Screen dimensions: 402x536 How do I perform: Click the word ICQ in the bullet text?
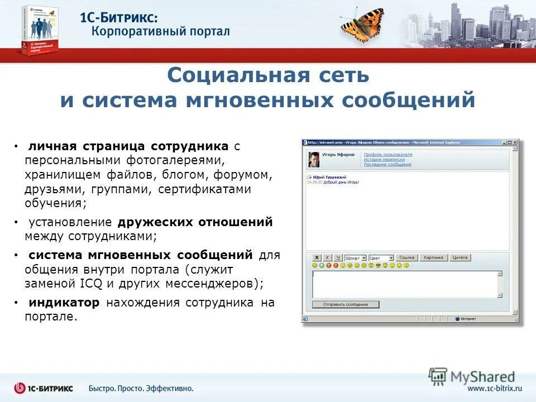tap(91, 283)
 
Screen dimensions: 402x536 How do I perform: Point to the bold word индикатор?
tap(64, 303)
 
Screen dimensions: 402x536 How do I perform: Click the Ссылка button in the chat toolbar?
tap(408, 258)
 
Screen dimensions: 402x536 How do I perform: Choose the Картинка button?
tap(433, 258)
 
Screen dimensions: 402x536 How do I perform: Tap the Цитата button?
tap(460, 258)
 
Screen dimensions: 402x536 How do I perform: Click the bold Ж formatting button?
tap(316, 258)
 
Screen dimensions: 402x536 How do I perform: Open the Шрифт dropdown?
tap(356, 258)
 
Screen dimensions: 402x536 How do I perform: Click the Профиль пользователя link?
tap(388, 155)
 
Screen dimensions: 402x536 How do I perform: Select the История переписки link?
tap(385, 160)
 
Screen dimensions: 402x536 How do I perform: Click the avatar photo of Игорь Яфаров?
tap(314, 159)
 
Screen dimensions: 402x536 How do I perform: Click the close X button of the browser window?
tap(515, 142)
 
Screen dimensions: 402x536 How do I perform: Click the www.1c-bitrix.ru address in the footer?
tap(494, 388)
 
